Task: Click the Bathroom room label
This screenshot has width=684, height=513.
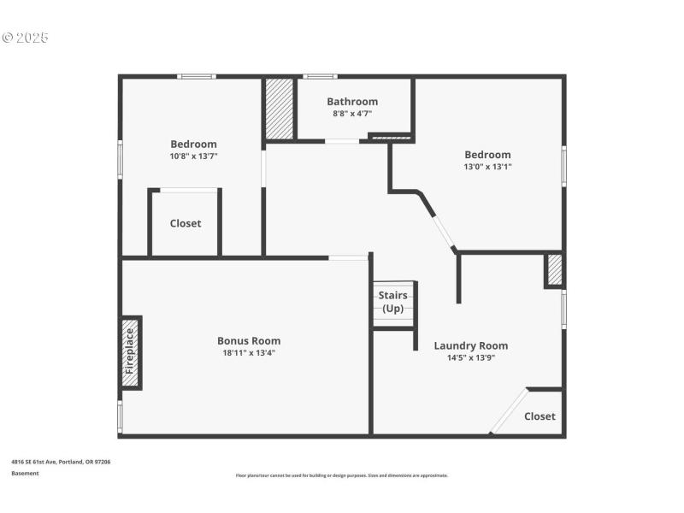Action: (351, 101)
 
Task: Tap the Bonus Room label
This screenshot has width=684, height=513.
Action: (248, 340)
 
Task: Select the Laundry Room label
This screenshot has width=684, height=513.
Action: (470, 345)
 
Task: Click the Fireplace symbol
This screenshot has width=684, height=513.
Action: (130, 352)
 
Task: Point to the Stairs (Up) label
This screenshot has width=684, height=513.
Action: (393, 302)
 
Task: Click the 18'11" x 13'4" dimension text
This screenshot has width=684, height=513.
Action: (248, 352)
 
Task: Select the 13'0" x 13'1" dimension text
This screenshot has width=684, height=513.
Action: (487, 167)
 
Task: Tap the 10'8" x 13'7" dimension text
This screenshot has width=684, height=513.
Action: (193, 156)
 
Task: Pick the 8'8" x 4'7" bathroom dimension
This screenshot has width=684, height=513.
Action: (351, 113)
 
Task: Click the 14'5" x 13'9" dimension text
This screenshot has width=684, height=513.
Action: (470, 357)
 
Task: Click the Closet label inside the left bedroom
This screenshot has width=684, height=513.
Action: (186, 223)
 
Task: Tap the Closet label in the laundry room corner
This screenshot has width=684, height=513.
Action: (540, 416)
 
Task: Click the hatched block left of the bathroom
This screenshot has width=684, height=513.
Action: (280, 109)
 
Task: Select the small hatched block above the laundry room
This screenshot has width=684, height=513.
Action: (554, 269)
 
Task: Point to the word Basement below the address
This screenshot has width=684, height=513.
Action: (25, 473)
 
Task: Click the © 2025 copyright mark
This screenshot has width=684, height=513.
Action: (26, 38)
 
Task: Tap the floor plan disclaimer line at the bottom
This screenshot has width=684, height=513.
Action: (341, 475)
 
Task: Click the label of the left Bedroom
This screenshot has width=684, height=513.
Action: (193, 144)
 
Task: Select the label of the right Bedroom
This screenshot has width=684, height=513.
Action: (487, 155)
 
